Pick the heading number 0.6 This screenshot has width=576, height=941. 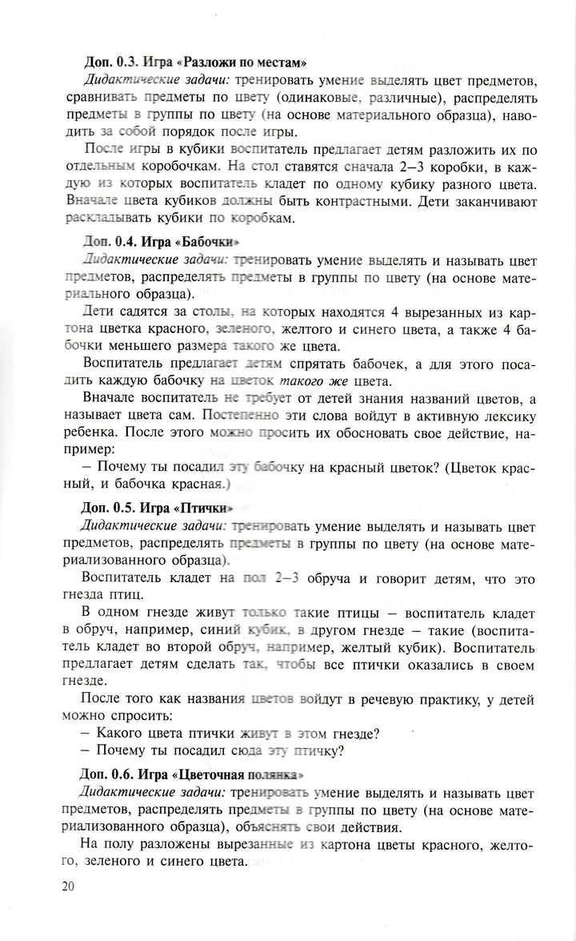(x=127, y=774)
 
